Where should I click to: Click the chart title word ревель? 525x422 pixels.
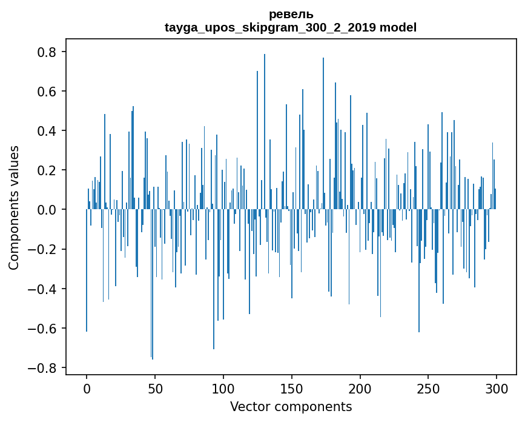[291, 15]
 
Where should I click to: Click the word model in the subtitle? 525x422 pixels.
[398, 27]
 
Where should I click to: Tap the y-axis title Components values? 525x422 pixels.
[14, 207]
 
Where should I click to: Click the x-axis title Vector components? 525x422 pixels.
[291, 406]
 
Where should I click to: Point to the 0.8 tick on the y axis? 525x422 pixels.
[48, 52]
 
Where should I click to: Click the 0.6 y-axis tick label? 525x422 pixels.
[48, 92]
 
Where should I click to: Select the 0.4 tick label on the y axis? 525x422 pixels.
[48, 131]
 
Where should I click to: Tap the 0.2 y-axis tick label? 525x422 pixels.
[48, 170]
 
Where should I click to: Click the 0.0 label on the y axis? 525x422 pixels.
[48, 210]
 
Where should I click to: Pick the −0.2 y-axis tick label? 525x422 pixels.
[44, 249]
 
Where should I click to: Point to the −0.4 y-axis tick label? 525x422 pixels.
[44, 289]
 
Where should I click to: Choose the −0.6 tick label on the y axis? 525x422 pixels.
[44, 329]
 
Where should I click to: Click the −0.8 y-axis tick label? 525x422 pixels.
[44, 368]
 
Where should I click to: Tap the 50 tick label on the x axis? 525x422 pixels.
[155, 387]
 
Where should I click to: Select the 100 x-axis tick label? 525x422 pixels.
[223, 387]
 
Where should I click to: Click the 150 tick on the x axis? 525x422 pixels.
[292, 387]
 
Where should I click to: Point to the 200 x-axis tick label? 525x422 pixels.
[360, 387]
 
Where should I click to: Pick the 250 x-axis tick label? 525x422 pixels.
[428, 387]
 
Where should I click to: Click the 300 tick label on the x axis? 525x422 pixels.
[497, 387]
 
